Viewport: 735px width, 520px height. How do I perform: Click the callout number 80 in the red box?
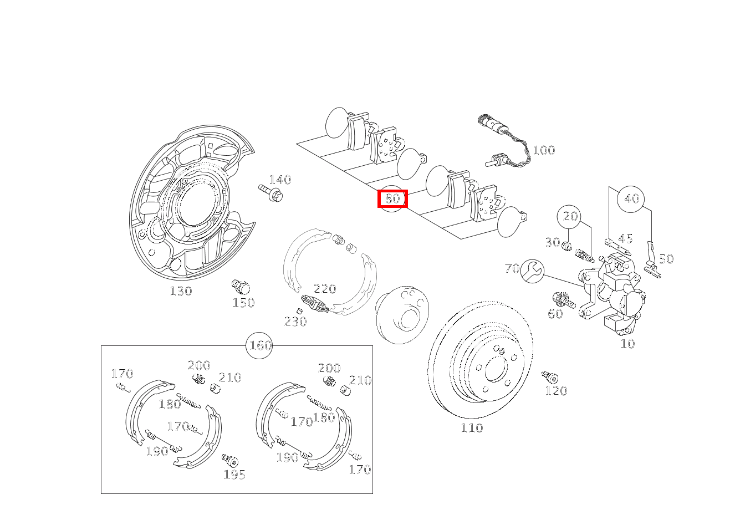392,198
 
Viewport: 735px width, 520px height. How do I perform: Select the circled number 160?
260,346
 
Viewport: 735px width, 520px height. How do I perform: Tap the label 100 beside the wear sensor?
543,150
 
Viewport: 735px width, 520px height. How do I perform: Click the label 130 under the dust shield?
181,291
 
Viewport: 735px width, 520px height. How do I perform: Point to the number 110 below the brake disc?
471,428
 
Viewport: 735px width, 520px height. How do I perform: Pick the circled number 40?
631,198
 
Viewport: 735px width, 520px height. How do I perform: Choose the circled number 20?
571,216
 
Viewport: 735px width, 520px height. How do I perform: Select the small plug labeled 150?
240,287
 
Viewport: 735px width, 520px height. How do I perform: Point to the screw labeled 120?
550,378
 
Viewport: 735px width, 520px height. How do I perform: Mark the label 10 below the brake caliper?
627,344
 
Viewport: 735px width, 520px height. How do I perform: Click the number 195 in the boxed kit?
234,475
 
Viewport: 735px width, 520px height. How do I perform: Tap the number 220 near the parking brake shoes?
325,289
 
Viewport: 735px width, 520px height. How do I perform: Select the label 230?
295,322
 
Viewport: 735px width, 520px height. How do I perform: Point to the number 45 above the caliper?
625,239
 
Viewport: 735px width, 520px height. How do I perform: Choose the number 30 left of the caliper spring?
552,242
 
